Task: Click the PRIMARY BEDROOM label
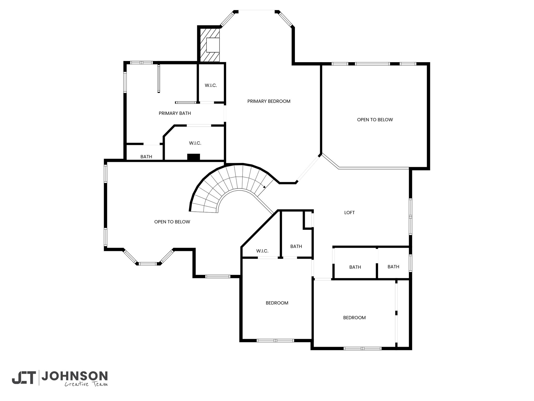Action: pyautogui.click(x=269, y=101)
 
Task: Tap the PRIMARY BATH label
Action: pyautogui.click(x=175, y=113)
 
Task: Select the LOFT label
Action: pyautogui.click(x=349, y=213)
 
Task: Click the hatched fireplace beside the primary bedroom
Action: pyautogui.click(x=210, y=45)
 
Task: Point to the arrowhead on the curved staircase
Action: pyautogui.click(x=264, y=187)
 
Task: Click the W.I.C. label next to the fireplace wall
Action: pyautogui.click(x=211, y=85)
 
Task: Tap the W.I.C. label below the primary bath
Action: pyautogui.click(x=195, y=143)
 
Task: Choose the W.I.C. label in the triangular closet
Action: pyautogui.click(x=262, y=251)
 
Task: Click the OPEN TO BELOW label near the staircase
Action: pyautogui.click(x=172, y=222)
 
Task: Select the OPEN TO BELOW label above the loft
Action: pyautogui.click(x=375, y=120)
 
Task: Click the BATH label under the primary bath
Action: pyautogui.click(x=146, y=157)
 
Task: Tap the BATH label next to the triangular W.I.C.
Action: pyautogui.click(x=296, y=246)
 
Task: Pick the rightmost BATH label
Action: pyautogui.click(x=393, y=267)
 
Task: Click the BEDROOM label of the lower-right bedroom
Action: pyautogui.click(x=354, y=318)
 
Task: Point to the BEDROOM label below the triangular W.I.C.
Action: pyautogui.click(x=277, y=303)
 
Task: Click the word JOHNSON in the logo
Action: pyautogui.click(x=75, y=376)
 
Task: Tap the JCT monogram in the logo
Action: pyautogui.click(x=24, y=378)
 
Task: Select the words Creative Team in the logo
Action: pyautogui.click(x=86, y=384)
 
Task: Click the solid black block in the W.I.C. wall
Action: pyautogui.click(x=193, y=157)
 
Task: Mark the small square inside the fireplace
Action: pyautogui.click(x=213, y=45)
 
